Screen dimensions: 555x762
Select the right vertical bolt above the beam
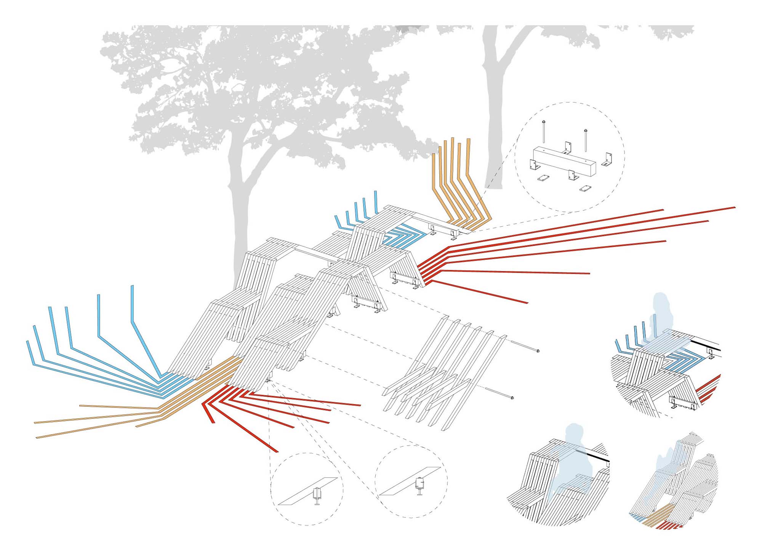586,141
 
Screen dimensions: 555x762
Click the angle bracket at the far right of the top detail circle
607,159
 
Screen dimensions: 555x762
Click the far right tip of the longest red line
735,208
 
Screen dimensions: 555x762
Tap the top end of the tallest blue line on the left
132,286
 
